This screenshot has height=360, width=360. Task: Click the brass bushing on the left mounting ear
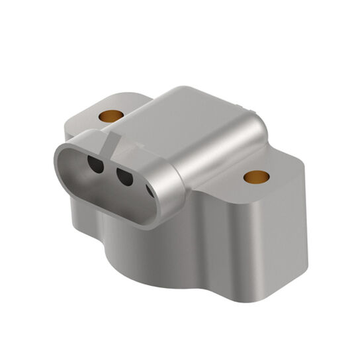coord(112,116)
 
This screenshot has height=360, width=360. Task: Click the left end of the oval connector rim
coord(60,159)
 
